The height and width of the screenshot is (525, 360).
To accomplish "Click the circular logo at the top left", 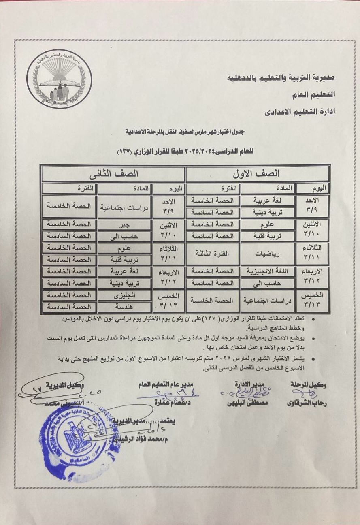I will point(59,79).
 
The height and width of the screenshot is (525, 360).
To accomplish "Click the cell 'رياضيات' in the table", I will point(267,253).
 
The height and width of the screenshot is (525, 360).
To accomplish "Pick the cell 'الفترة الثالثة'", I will point(212,253).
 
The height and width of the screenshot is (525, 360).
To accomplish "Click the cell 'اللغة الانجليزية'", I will point(267,271).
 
